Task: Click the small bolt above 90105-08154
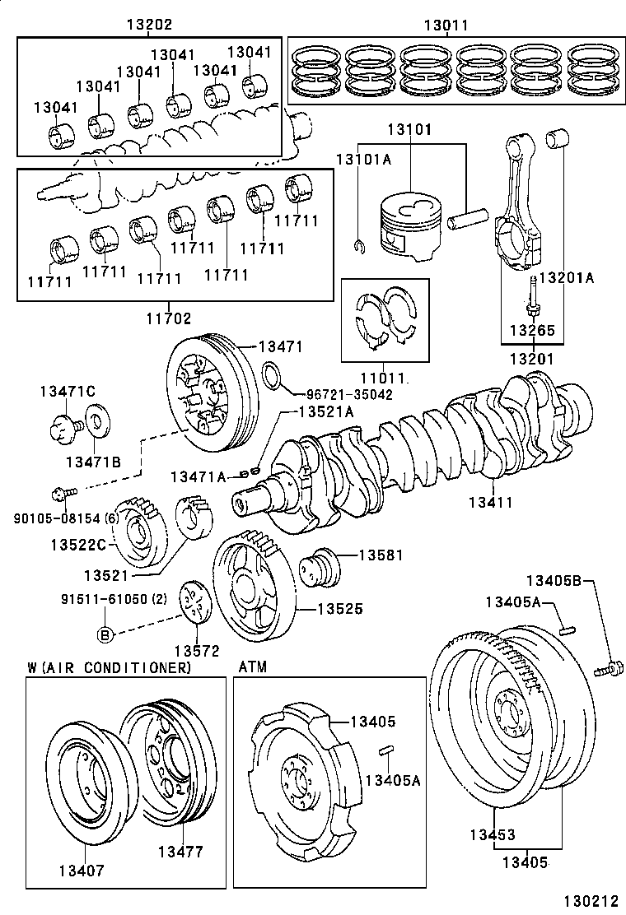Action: (x=63, y=492)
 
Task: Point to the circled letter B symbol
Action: (x=105, y=634)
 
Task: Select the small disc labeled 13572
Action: (x=194, y=604)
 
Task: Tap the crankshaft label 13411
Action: (x=491, y=501)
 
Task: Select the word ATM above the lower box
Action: (x=252, y=667)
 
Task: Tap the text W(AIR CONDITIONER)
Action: (x=109, y=667)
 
